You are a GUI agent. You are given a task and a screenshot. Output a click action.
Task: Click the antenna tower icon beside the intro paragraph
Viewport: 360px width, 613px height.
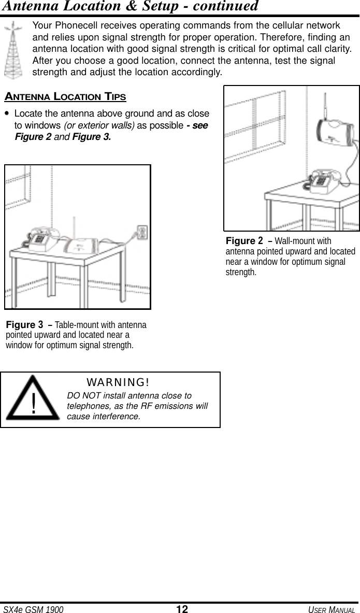click(x=14, y=50)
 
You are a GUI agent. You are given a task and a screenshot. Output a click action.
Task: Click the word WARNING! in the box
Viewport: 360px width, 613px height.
click(x=118, y=382)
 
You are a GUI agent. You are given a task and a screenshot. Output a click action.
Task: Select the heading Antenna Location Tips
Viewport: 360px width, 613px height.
click(x=65, y=96)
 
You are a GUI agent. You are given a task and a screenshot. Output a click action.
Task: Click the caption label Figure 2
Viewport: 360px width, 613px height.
click(x=244, y=241)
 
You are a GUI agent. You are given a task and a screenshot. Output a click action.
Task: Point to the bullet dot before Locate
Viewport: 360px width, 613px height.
click(x=6, y=113)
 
